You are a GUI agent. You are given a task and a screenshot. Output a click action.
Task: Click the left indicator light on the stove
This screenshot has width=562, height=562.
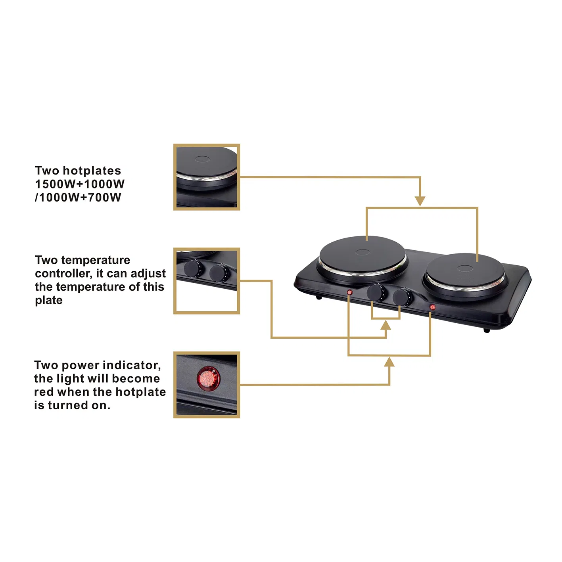tap(349, 292)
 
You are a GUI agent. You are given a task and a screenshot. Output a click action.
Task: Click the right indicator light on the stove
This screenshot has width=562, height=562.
tap(432, 307)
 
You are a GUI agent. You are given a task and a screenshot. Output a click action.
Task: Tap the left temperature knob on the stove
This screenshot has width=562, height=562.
tap(376, 293)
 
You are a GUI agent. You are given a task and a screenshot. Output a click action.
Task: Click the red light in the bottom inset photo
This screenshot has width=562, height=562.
tap(208, 378)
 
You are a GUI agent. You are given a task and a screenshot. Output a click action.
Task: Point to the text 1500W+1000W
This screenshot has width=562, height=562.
tap(80, 184)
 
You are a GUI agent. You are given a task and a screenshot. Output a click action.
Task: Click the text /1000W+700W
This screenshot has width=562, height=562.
tap(78, 197)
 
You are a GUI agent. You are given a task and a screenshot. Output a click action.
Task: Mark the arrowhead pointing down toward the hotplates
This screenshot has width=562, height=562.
tap(420, 201)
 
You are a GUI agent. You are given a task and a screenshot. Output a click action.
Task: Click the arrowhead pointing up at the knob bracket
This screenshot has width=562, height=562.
tap(386, 326)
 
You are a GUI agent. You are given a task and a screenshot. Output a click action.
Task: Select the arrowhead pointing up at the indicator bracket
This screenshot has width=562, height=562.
tap(389, 362)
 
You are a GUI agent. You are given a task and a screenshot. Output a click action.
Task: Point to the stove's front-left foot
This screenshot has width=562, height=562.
tap(319, 297)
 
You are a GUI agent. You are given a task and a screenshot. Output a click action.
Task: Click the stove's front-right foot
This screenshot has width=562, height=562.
tap(487, 330)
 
